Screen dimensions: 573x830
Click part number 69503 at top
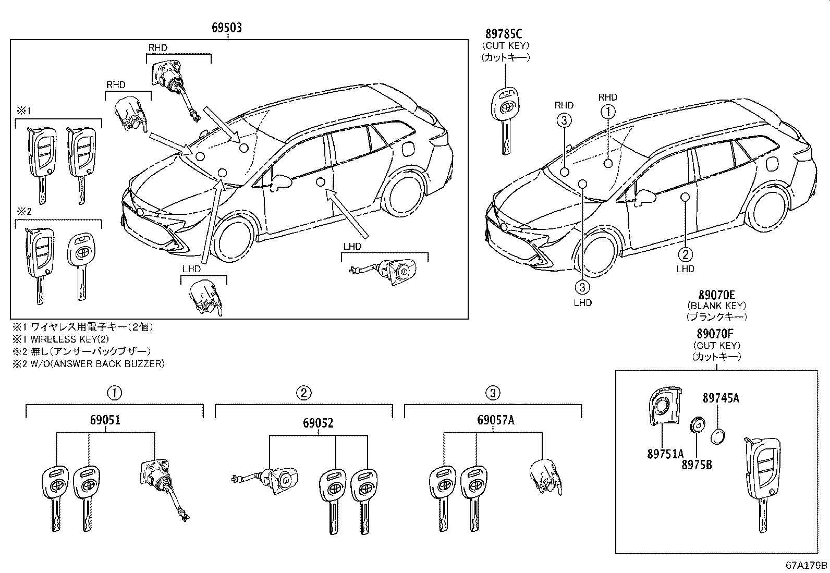226,28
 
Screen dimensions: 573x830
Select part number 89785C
503,34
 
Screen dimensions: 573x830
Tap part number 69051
106,420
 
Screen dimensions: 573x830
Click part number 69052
318,424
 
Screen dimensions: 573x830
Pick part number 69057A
495,420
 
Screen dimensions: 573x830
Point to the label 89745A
721,398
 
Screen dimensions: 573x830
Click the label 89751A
665,454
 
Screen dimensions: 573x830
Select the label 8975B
697,464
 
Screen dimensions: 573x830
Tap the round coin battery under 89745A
718,436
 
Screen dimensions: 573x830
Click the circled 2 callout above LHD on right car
685,254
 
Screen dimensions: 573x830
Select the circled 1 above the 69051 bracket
115,393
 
